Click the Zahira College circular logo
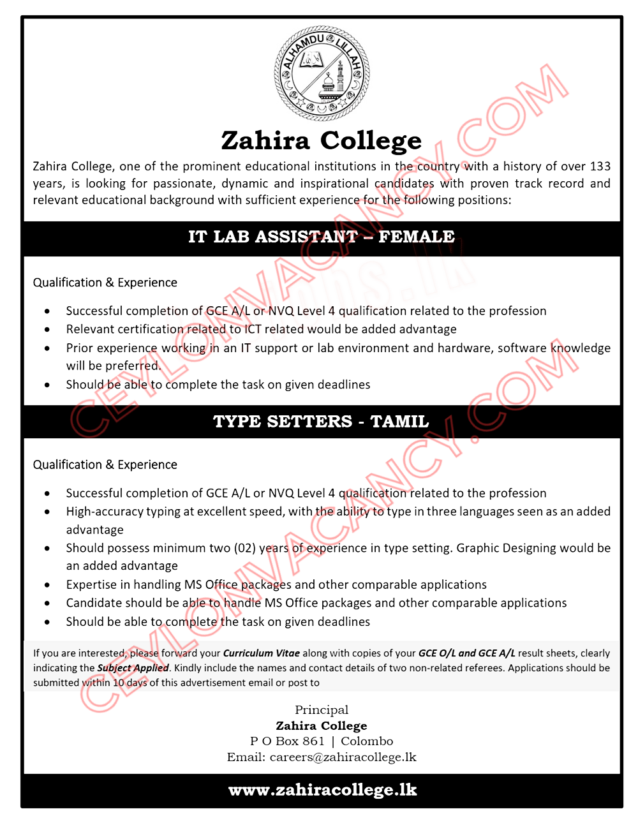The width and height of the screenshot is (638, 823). pos(322,73)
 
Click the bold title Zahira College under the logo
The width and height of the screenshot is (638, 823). pos(322,140)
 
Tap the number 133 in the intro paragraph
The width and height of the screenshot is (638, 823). pos(600,167)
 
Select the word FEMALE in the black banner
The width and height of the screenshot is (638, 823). pos(417,237)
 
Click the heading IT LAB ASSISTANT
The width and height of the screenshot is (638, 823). pos(273,237)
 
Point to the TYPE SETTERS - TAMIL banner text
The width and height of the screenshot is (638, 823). pos(321,422)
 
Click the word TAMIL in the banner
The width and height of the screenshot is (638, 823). pos(399,422)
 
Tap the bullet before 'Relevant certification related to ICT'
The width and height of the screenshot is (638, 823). pos(47,330)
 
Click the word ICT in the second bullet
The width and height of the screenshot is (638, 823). pos(253,329)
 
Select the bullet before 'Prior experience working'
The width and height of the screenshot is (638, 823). pos(47,348)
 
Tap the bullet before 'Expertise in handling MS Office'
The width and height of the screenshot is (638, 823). pos(47,585)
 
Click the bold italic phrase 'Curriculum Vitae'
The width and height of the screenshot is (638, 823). pos(261,653)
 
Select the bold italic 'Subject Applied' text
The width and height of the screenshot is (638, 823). pos(133,668)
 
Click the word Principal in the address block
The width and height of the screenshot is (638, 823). pos(322,710)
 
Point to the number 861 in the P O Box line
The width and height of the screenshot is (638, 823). pos(313,741)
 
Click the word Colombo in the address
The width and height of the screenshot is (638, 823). pos(367,741)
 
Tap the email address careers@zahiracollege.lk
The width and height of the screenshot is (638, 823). pos(343,757)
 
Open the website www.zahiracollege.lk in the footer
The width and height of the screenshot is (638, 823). pos(322,790)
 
